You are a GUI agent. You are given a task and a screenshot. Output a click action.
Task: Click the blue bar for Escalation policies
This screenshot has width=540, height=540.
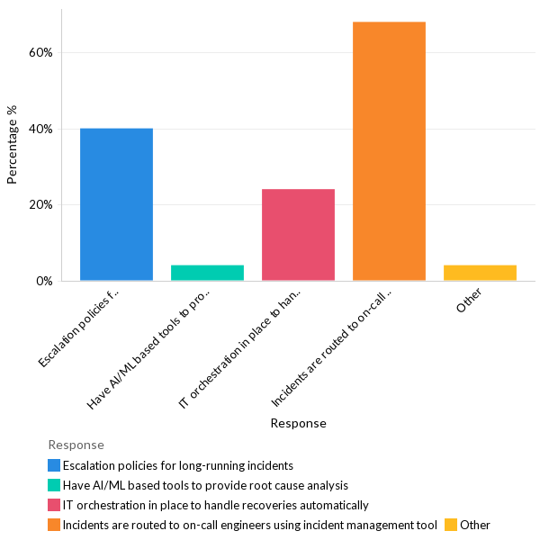coord(116,204)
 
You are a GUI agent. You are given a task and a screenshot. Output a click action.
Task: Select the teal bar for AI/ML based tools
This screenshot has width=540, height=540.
coord(207,273)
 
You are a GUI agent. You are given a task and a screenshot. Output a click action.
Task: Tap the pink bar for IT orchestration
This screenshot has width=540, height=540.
coord(298,235)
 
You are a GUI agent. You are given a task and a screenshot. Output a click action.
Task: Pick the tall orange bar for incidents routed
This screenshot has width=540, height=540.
coord(389,151)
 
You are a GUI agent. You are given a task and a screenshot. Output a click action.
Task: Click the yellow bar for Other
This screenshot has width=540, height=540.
coord(480,273)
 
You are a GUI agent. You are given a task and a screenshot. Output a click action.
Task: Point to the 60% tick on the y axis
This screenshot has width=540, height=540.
coord(40,52)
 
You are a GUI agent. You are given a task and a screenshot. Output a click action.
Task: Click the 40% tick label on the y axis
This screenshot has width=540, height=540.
coord(40,129)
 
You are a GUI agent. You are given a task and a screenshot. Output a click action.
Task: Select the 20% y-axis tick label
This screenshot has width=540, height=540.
coord(40,204)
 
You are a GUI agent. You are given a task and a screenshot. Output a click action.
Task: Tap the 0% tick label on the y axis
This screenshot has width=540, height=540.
coord(44,281)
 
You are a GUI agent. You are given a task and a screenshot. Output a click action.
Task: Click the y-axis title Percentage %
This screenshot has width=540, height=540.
coord(12,144)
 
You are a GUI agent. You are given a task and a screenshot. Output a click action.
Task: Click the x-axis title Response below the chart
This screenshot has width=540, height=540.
coord(298,423)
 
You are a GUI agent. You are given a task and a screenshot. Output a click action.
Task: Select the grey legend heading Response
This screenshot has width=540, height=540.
coord(76,445)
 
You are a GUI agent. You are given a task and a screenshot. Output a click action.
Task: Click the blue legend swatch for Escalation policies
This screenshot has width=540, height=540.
coord(54,466)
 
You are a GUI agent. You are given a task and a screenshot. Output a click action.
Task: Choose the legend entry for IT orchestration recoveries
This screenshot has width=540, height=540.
coord(215,506)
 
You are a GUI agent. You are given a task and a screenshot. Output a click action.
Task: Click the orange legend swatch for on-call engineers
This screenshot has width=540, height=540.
coord(54,526)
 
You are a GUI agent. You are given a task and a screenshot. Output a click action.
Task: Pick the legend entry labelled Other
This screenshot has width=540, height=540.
coord(474,526)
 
